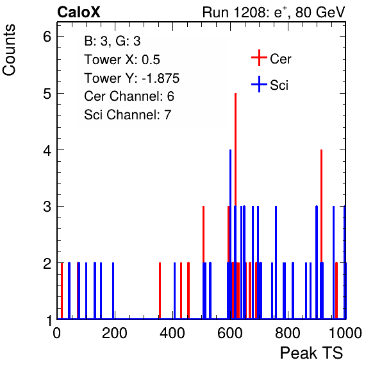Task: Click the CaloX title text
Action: pos(79,12)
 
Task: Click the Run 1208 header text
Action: pos(274,12)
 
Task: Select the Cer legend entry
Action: pos(271,58)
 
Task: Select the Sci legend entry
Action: pos(270,85)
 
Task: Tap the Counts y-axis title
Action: pos(9,50)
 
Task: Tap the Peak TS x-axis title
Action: pos(311,353)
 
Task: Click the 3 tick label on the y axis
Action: pos(47,207)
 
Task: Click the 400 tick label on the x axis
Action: pos(172,333)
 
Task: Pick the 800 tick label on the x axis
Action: pos(288,333)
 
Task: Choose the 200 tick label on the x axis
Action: pos(115,333)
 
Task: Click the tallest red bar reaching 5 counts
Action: pos(236,206)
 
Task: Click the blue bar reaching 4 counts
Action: pos(230,234)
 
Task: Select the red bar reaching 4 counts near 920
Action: pos(322,234)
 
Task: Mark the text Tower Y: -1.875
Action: pos(132,78)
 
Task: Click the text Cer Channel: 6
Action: pos(129,96)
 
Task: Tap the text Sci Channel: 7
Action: pos(128,115)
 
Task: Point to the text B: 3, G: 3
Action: pos(112,41)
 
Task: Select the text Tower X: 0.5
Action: pos(122,60)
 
